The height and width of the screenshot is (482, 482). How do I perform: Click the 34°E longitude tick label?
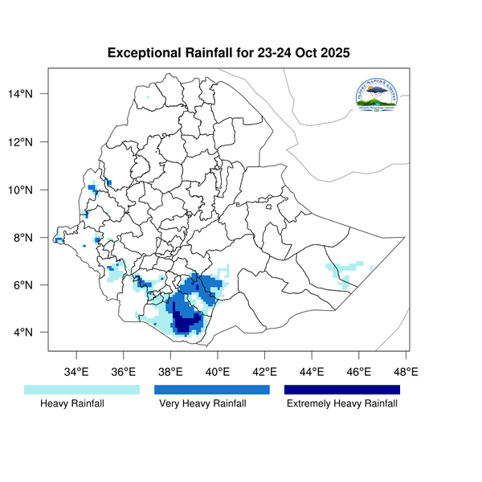76,371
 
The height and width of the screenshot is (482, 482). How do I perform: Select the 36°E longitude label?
124,371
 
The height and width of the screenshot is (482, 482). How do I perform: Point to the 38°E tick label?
171,371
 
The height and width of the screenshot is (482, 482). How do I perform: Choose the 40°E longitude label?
218,371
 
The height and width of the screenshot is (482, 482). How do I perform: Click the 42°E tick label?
265,371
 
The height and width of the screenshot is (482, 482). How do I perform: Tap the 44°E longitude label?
312,371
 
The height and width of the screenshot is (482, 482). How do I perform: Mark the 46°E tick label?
359,371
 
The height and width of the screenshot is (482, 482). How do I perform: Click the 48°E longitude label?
406,371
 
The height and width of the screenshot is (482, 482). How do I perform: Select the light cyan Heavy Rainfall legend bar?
82,390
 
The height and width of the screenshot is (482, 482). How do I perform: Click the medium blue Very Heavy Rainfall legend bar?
212,390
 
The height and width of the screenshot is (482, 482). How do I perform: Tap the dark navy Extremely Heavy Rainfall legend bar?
342,390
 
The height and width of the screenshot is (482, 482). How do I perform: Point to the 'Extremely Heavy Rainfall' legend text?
342,404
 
